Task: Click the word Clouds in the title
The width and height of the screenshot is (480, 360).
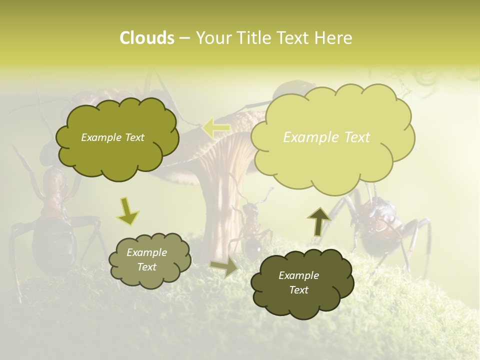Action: click(x=147, y=38)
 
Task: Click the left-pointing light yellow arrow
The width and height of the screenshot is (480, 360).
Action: click(x=216, y=128)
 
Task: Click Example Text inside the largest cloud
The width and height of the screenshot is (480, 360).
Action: click(x=326, y=137)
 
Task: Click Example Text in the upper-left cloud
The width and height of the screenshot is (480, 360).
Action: click(x=112, y=137)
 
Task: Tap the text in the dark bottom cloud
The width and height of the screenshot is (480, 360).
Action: click(x=298, y=283)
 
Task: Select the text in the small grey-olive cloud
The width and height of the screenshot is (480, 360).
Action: click(x=146, y=260)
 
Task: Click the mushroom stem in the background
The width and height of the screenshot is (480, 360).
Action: click(x=220, y=210)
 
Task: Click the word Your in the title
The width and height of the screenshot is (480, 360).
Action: click(x=215, y=38)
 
